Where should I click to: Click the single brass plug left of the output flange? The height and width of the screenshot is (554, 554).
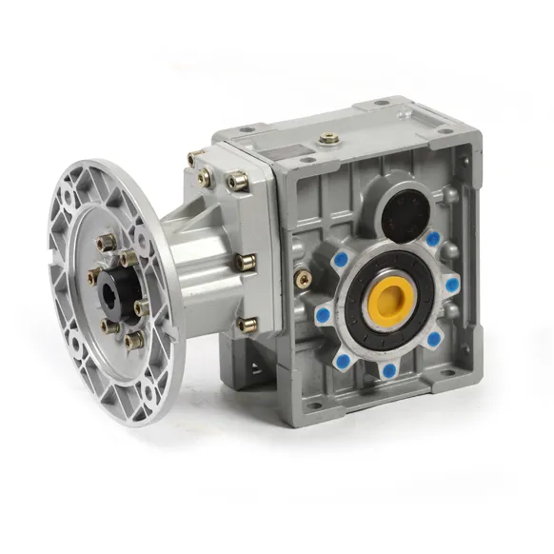coord(304,277)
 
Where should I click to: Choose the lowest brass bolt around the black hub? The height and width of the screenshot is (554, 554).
coord(130,339)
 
